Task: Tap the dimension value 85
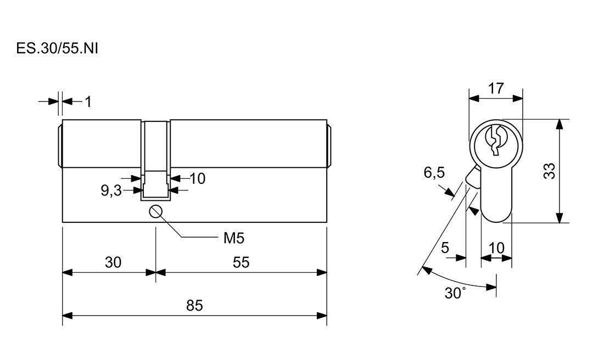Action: pyautogui.click(x=195, y=306)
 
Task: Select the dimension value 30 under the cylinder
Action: pyautogui.click(x=113, y=263)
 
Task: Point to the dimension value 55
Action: pyautogui.click(x=241, y=263)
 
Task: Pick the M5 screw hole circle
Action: pyautogui.click(x=156, y=211)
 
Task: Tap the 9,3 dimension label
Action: pyautogui.click(x=111, y=191)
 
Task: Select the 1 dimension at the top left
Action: pyautogui.click(x=88, y=102)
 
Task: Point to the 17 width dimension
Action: pyautogui.click(x=496, y=88)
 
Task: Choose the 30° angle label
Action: pyautogui.click(x=455, y=292)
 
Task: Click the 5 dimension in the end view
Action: pyautogui.click(x=445, y=248)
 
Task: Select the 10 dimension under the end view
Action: pyautogui.click(x=496, y=248)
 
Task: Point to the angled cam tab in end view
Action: pyautogui.click(x=471, y=177)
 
